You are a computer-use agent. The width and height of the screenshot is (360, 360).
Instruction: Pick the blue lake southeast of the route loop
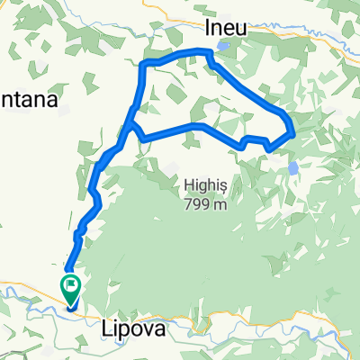click(292, 168)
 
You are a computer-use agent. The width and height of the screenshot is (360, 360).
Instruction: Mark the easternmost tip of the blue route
click(294, 134)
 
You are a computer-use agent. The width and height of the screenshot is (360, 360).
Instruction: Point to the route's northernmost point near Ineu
click(207, 51)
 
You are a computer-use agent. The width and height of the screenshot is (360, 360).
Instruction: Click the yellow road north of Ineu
click(270, 15)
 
